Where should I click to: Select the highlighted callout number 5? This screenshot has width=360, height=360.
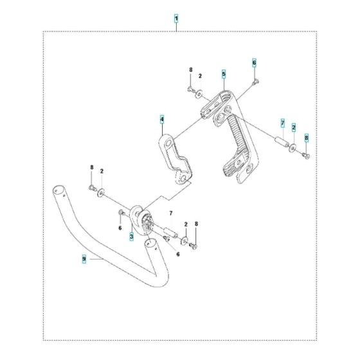pyautogui.click(x=223, y=74)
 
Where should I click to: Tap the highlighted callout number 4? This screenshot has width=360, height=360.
pyautogui.click(x=163, y=120)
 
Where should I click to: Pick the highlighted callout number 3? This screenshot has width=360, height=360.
pyautogui.click(x=131, y=237)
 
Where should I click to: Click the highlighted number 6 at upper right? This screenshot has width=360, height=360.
pyautogui.click(x=254, y=62)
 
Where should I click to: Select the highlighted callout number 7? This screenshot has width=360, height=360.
pyautogui.click(x=281, y=123)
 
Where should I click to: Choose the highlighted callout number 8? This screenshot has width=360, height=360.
pyautogui.click(x=306, y=137)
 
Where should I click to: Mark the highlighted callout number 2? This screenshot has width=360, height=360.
pyautogui.click(x=294, y=127)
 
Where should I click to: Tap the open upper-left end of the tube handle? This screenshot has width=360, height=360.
pyautogui.click(x=58, y=191)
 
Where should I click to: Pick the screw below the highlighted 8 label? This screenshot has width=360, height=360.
pyautogui.click(x=306, y=154)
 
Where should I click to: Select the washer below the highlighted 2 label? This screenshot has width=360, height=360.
pyautogui.click(x=294, y=150)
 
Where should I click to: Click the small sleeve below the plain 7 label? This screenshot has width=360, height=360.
pyautogui.click(x=171, y=231)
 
